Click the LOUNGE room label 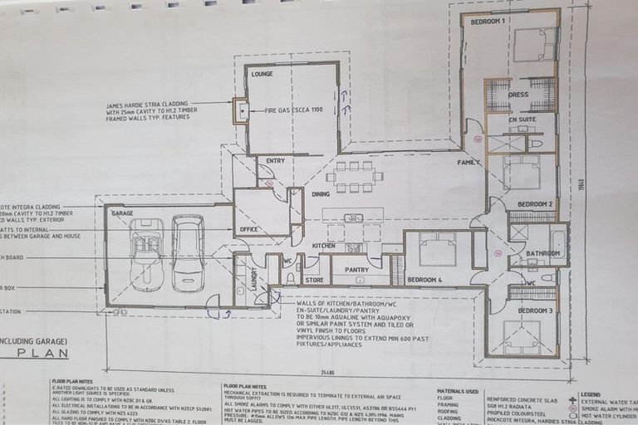coord(262,74)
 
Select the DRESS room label coord(518,95)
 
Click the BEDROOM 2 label coord(535,203)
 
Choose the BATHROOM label coord(543,253)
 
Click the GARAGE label coord(122,212)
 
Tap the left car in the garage coord(147,254)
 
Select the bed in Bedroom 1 coord(534,44)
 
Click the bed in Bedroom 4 coord(437,248)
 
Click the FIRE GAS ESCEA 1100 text coord(294,110)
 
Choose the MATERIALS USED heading coord(458,390)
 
